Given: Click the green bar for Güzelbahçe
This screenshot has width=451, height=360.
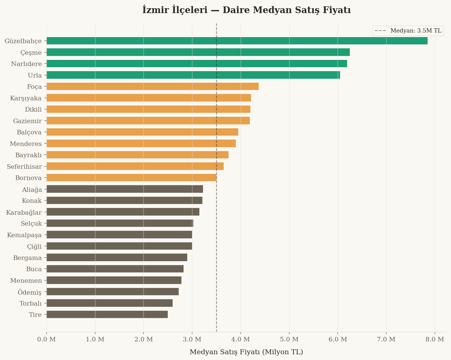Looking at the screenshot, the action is (x=237, y=41).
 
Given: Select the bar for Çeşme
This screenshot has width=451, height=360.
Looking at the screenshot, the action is (x=198, y=52).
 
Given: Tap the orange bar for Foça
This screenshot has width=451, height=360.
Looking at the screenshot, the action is (x=153, y=86).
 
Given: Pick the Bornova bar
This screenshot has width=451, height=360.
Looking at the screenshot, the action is (x=131, y=178).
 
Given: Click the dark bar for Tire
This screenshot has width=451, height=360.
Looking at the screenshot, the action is (x=107, y=314).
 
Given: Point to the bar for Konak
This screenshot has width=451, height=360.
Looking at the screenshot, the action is (x=125, y=200).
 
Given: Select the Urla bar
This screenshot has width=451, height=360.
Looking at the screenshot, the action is (x=193, y=75).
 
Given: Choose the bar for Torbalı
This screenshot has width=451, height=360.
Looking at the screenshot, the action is (x=110, y=303).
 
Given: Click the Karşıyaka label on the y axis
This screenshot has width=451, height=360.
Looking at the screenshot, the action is (x=26, y=98).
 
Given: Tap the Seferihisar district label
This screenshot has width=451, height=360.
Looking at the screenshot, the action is (x=24, y=167).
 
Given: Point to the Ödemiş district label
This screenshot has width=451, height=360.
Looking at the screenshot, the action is (x=29, y=292).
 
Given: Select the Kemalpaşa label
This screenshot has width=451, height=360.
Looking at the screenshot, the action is (x=24, y=235).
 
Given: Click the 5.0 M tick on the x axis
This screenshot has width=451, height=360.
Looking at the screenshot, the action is (x=289, y=339).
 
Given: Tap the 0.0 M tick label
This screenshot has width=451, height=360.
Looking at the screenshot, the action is (x=46, y=339).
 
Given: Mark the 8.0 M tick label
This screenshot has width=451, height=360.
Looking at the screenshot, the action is (x=435, y=339).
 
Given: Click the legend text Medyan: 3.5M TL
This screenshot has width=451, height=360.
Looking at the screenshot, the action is (x=416, y=31).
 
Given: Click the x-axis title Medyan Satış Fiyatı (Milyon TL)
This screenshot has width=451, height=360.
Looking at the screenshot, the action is (x=246, y=352).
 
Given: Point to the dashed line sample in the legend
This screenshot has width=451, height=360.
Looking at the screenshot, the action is (x=380, y=31).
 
